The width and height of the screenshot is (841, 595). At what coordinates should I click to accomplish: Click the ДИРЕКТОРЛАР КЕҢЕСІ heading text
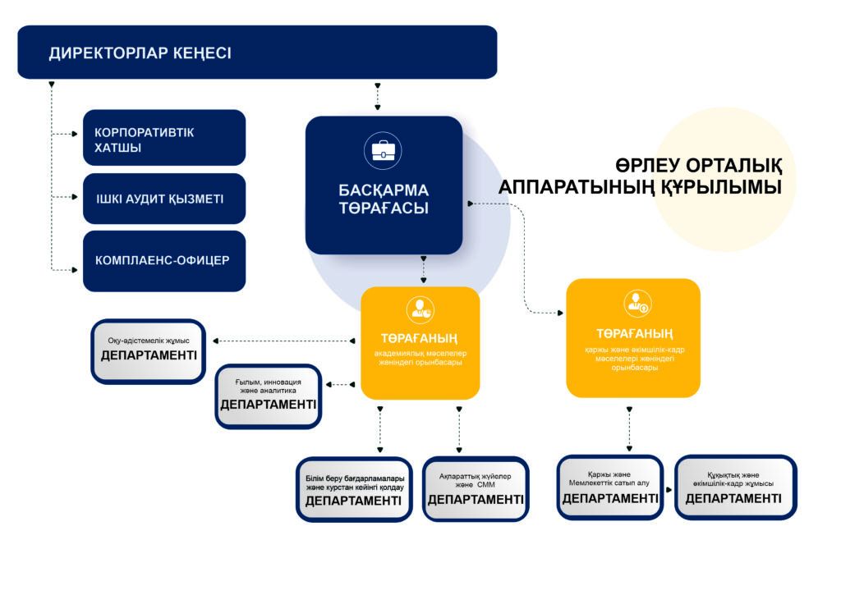click(x=140, y=53)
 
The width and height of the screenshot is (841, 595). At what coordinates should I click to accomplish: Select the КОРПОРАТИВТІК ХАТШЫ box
click(x=164, y=138)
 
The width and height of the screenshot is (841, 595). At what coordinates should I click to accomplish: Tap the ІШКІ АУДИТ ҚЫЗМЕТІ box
click(x=164, y=199)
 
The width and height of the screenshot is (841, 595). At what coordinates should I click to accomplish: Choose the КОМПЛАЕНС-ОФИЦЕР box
click(x=164, y=261)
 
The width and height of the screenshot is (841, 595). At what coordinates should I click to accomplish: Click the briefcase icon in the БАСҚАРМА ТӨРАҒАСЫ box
click(x=383, y=151)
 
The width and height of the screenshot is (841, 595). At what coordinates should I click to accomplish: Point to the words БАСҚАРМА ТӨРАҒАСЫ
click(x=384, y=199)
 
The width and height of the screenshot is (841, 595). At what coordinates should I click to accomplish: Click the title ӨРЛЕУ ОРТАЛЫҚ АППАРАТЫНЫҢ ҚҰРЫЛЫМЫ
click(x=641, y=176)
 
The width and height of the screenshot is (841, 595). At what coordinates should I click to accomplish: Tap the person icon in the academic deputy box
click(x=420, y=310)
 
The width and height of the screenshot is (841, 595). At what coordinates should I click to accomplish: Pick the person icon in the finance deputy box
click(x=637, y=304)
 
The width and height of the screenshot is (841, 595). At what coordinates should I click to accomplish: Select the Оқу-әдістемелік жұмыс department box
click(x=149, y=351)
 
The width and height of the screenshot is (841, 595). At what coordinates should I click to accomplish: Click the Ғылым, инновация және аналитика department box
click(x=269, y=396)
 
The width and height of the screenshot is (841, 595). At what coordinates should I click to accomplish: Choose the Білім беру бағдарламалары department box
click(x=354, y=489)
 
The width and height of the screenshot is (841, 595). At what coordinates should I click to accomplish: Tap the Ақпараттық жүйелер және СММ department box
click(x=476, y=488)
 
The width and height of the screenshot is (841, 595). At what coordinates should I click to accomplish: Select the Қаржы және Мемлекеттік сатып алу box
click(x=610, y=487)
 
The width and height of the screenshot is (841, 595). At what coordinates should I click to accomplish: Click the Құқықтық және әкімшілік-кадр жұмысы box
click(x=735, y=487)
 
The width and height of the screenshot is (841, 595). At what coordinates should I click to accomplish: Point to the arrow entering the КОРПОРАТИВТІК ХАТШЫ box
click(x=64, y=134)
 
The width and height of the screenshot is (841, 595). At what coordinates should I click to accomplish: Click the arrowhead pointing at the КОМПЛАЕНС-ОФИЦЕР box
click(x=75, y=270)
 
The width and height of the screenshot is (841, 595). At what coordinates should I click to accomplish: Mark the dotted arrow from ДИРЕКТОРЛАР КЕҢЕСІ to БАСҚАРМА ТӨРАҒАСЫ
click(x=378, y=97)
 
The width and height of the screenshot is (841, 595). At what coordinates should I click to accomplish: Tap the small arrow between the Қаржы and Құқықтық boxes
click(x=669, y=489)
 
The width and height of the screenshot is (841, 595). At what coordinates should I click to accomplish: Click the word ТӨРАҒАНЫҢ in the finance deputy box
click(x=634, y=334)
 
